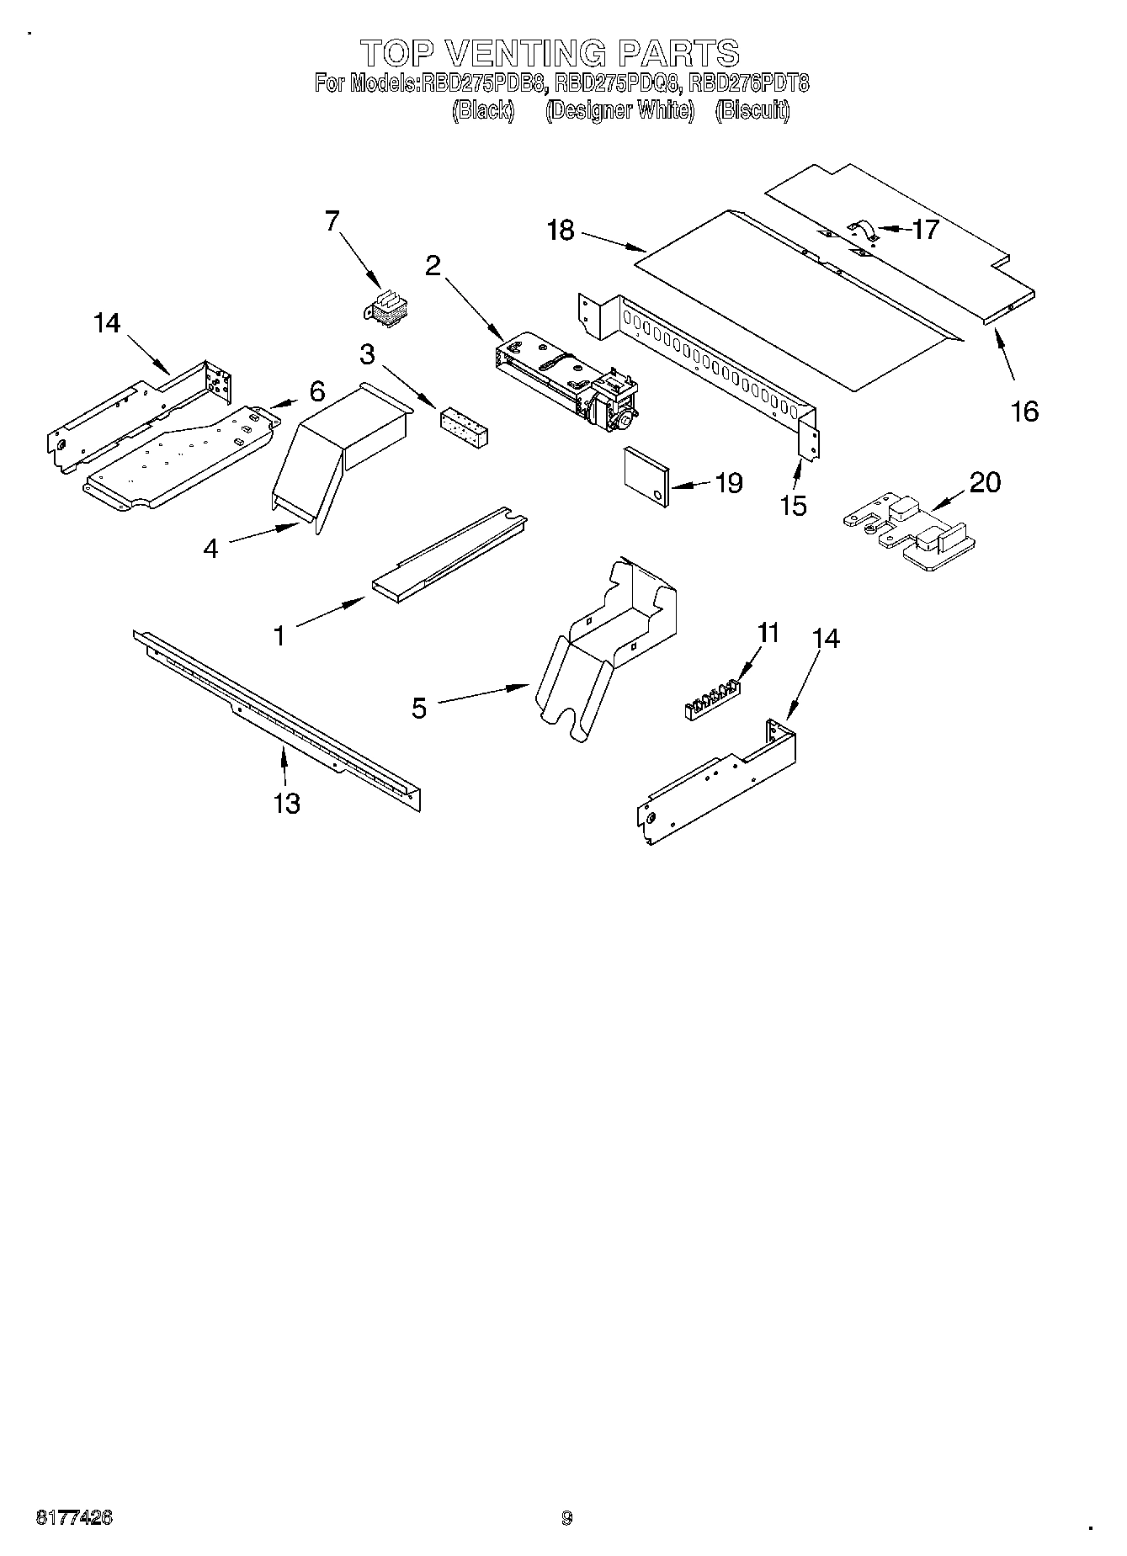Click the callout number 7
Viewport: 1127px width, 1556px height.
point(332,221)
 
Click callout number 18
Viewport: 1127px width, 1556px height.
point(560,230)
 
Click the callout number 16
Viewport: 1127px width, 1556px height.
point(1024,412)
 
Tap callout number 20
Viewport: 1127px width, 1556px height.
point(985,482)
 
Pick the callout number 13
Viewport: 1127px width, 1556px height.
point(286,803)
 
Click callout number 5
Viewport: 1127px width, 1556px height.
point(419,708)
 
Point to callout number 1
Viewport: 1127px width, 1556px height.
point(279,635)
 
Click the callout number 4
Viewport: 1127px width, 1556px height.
point(210,549)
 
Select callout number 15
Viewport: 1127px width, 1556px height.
point(793,505)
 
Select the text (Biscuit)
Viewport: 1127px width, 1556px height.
point(752,110)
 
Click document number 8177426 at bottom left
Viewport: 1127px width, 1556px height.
point(74,1517)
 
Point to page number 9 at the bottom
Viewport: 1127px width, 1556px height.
point(566,1518)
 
